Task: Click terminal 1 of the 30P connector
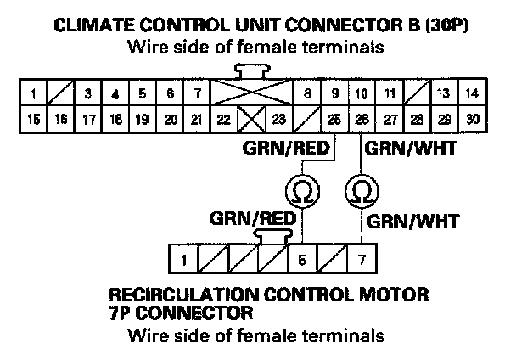31,93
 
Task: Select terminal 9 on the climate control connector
336,93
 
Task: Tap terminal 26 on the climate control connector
362,120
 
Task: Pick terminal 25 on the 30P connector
336,120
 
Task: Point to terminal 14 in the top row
472,93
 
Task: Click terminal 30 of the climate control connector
472,120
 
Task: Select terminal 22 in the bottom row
222,120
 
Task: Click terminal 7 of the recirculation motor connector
362,255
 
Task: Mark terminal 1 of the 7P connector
182,255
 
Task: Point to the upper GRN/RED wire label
283,146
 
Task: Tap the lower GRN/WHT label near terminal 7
412,223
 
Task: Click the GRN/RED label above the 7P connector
252,218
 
